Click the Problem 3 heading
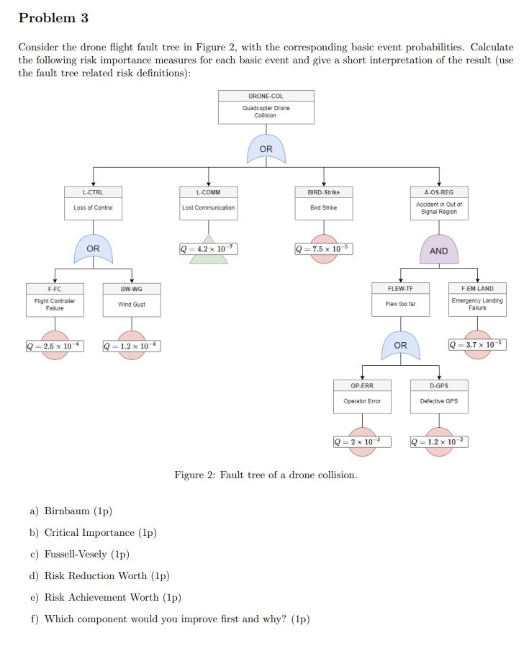tap(53, 17)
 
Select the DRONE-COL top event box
tap(266, 107)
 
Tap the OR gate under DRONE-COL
tap(266, 149)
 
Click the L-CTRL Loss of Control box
tap(93, 202)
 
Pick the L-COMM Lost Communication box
tap(208, 202)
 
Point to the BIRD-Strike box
tap(323, 202)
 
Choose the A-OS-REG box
tap(438, 202)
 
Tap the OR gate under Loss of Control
tap(93, 248)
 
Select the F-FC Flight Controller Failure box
tap(55, 300)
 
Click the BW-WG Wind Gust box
tap(132, 300)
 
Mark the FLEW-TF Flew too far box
tap(400, 300)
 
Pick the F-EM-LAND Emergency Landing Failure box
tap(476, 300)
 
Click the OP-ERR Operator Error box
tap(362, 396)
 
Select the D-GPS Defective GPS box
tap(438, 396)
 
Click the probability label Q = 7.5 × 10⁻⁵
tap(323, 249)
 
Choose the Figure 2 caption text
tap(266, 475)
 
